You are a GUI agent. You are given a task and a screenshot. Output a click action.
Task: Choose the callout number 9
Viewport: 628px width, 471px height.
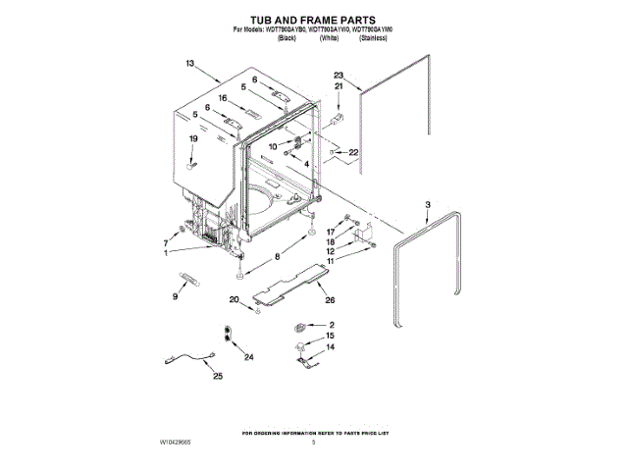coord(177,295)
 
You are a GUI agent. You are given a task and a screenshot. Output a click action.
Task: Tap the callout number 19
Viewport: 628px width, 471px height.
coord(193,139)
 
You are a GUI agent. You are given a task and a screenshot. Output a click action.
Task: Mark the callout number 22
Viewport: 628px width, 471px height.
coord(353,152)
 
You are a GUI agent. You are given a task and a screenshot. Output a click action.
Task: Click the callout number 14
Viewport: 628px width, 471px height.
coord(330,347)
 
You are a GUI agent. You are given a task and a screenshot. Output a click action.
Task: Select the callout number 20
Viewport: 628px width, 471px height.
coord(234,299)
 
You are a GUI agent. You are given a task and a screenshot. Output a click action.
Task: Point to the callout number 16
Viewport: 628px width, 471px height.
coord(223,98)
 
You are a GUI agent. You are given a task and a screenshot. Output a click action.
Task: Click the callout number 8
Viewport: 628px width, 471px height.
coord(277,255)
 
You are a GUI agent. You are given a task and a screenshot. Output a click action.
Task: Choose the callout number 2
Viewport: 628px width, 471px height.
coord(331,325)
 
